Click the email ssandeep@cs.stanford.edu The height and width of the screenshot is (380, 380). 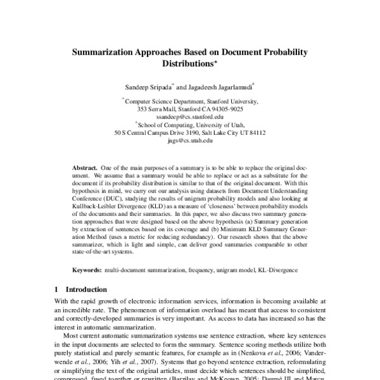coord(189,117)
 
